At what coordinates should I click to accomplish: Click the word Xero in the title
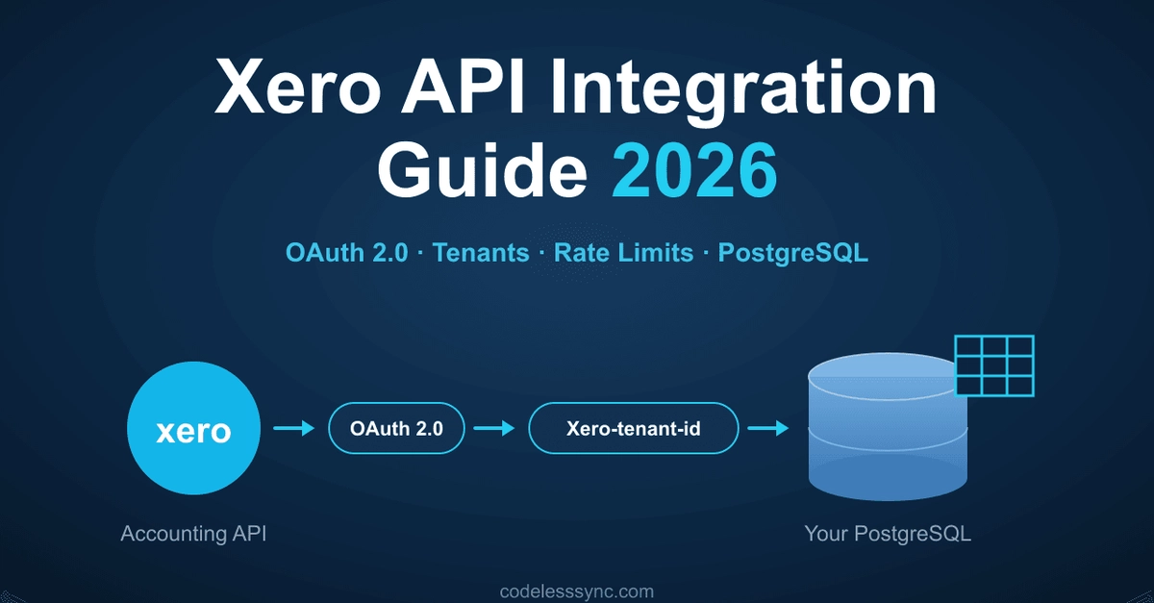pos(298,86)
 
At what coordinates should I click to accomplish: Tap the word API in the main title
pos(464,86)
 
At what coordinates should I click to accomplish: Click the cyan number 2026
pos(694,169)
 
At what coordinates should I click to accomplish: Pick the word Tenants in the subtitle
pos(481,253)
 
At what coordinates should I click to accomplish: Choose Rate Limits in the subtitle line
pos(623,253)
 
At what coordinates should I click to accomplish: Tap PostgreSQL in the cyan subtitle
pos(792,254)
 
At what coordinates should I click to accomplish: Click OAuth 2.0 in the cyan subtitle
pos(347,253)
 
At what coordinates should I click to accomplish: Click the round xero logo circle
pos(193,428)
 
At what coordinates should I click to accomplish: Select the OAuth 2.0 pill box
pos(396,428)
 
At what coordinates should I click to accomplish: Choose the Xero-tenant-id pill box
pos(634,428)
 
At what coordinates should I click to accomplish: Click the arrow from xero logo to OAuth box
pos(293,428)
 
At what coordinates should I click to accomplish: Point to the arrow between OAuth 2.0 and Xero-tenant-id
pos(494,428)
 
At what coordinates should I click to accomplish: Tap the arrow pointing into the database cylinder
pos(768,428)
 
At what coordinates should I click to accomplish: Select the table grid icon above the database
pos(994,365)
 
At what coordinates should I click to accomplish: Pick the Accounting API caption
pos(193,534)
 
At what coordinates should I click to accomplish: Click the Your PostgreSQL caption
pos(888,534)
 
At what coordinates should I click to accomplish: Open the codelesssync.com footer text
pos(577,591)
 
